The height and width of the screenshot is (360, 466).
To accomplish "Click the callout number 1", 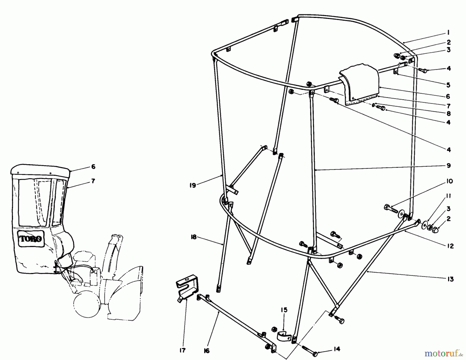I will pos(448,32).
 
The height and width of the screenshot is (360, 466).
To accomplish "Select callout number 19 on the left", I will pos(193,185).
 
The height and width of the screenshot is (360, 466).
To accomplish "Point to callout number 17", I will pos(182,350).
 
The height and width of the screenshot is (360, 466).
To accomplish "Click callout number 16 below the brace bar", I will pos(207,351).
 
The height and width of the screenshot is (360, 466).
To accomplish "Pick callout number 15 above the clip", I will pos(284,310).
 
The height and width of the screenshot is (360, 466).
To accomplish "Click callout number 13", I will pos(450,279).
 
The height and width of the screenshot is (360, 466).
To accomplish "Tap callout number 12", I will pos(450,246).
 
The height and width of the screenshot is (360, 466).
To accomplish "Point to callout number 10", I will pos(450,181).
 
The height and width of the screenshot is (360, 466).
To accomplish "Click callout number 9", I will pos(449,165).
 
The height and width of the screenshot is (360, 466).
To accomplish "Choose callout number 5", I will pos(448,85).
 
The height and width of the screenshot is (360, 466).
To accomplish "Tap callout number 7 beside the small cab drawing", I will pos(93,181).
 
